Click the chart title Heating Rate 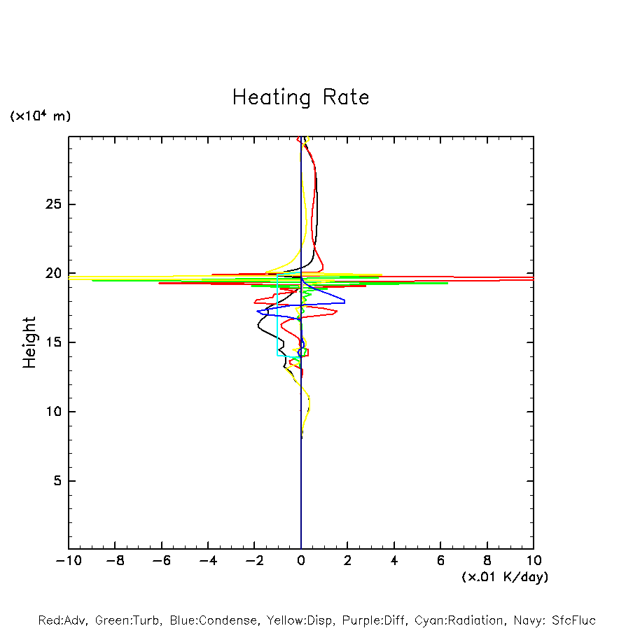300,97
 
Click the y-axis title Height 29,342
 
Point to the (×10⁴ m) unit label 40,116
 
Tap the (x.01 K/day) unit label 505,577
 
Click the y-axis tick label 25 54,204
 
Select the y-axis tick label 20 54,274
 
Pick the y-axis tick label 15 54,342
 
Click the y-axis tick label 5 57,481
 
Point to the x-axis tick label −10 67,561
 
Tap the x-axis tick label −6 160,561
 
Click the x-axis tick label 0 301,561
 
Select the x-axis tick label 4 394,561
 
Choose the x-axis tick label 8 487,561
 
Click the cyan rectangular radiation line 278,315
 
